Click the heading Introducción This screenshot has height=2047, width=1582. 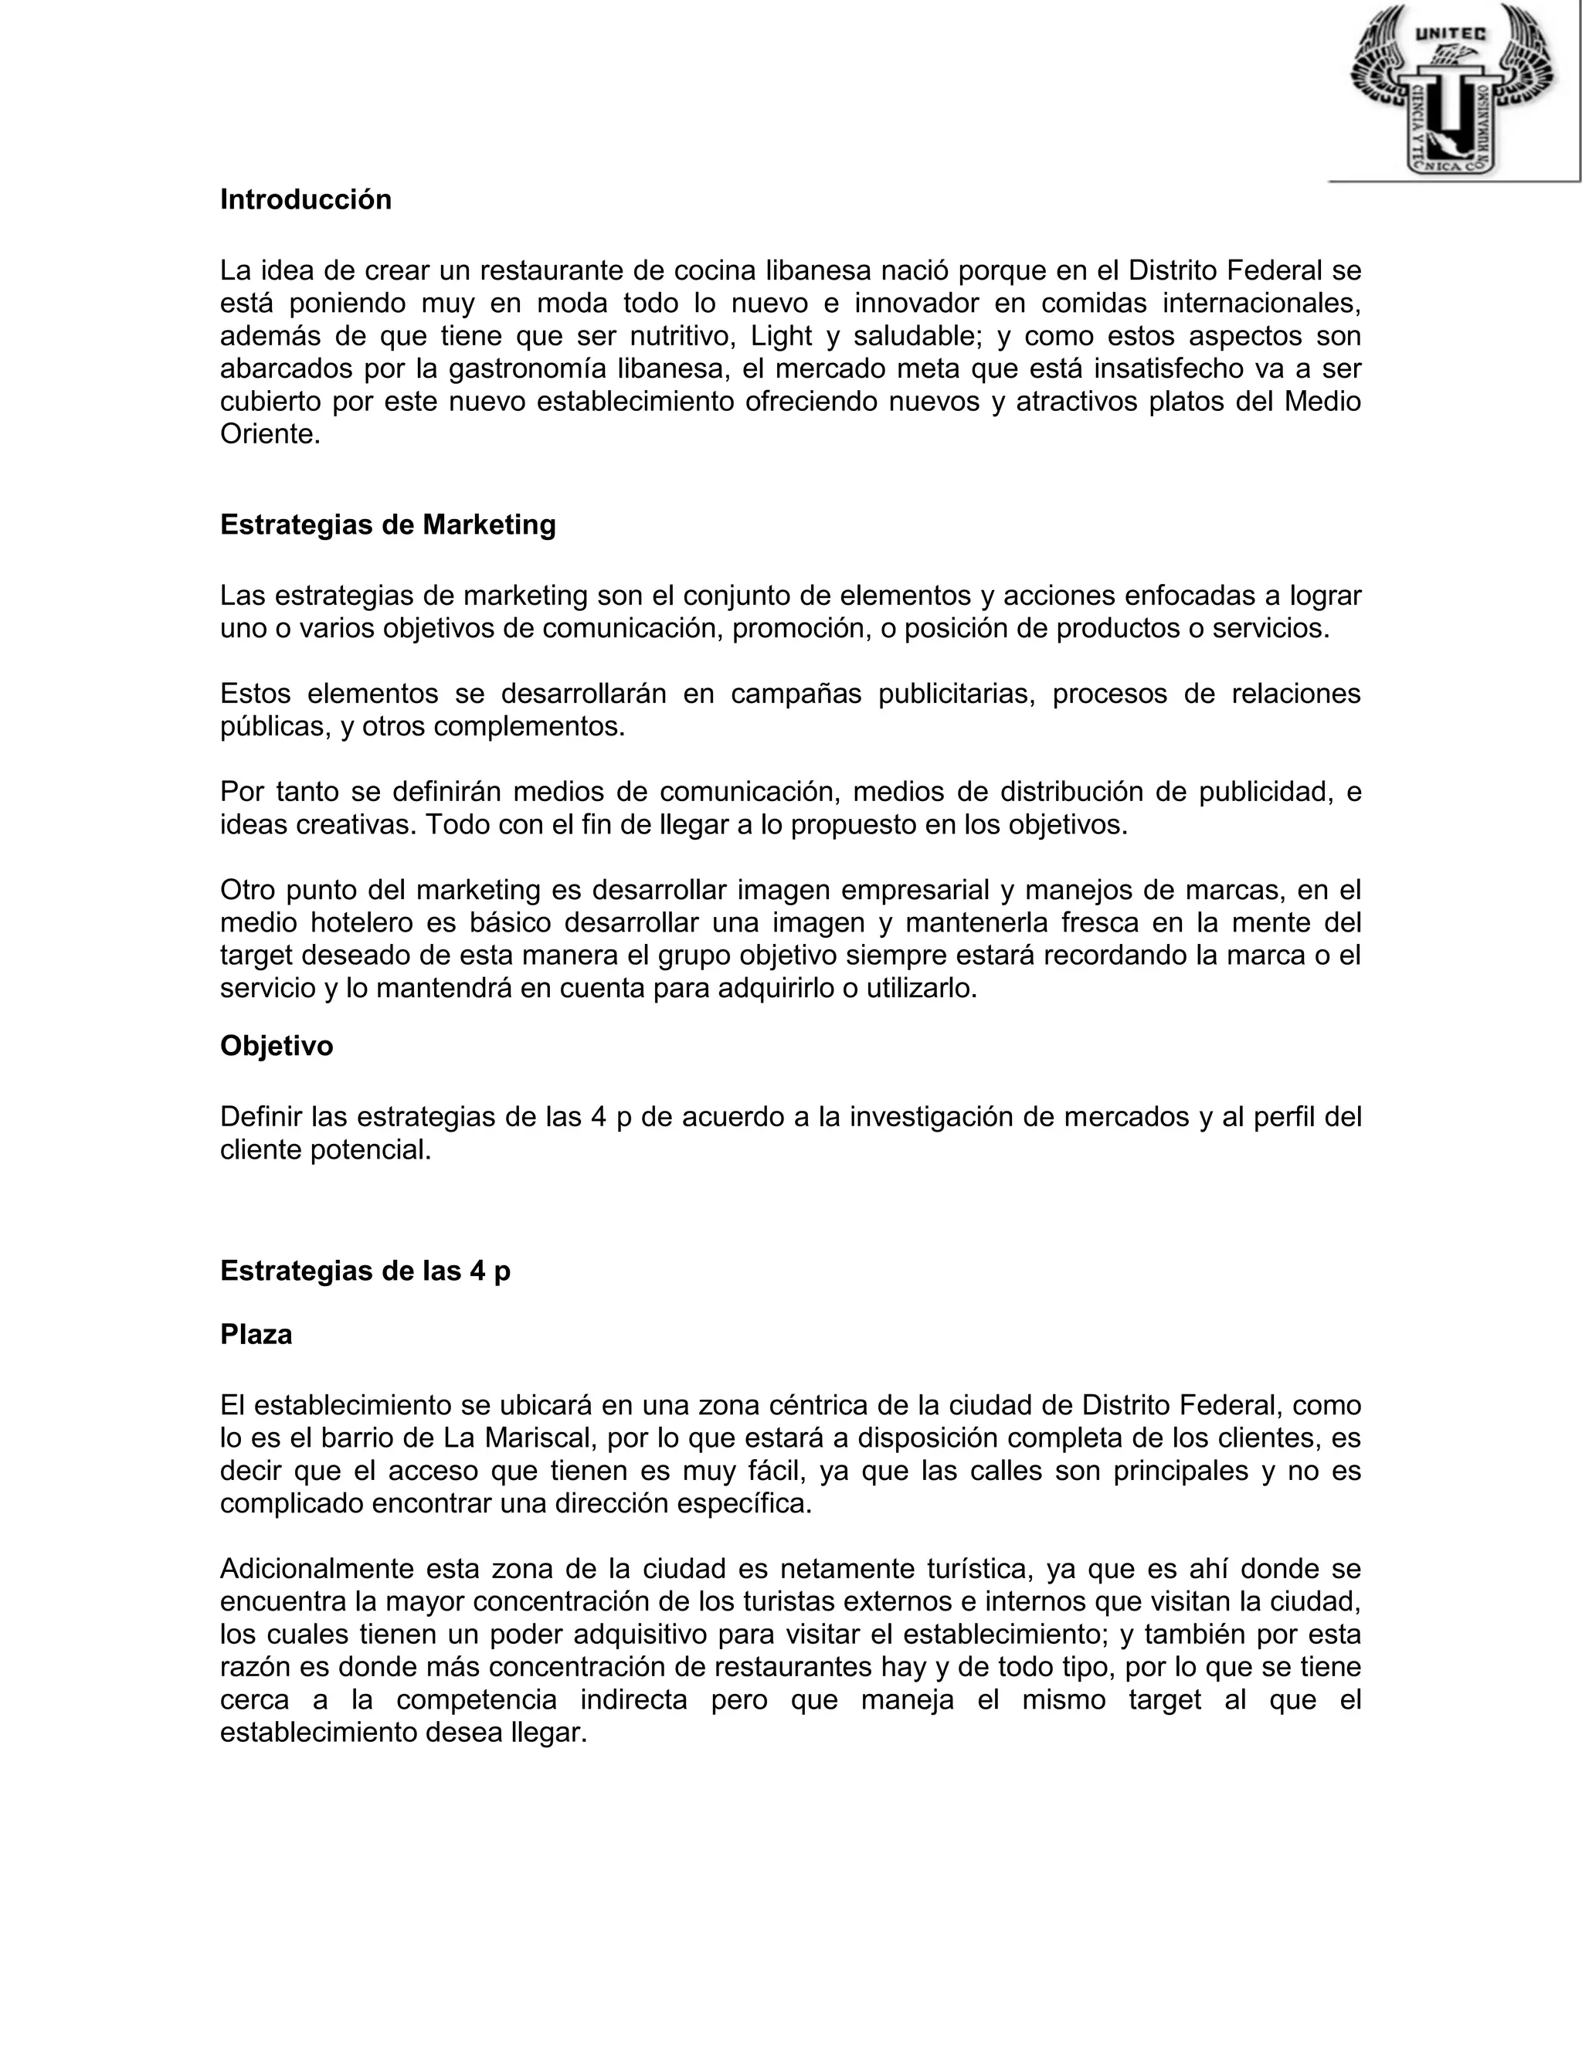306,199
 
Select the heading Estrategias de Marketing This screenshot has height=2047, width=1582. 387,524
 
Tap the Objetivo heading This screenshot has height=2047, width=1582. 277,1046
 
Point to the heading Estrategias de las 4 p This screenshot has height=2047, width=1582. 365,1271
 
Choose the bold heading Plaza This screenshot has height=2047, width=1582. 256,1335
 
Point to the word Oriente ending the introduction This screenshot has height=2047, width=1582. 269,434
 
